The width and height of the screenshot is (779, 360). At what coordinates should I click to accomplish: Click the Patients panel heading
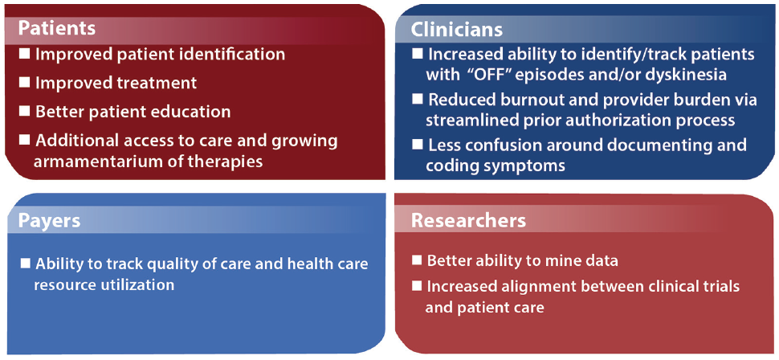click(x=57, y=27)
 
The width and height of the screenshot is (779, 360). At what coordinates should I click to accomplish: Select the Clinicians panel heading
click(x=456, y=31)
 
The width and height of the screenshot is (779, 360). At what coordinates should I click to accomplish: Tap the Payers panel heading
click(x=50, y=220)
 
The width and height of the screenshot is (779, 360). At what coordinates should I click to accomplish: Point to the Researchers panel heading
click(x=468, y=220)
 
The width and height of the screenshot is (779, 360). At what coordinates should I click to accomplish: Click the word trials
click(x=716, y=286)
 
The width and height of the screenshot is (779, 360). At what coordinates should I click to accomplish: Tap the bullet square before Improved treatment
click(x=24, y=82)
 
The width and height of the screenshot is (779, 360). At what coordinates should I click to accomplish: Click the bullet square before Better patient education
click(x=24, y=110)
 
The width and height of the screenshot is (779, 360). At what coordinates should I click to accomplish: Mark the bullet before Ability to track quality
click(x=26, y=263)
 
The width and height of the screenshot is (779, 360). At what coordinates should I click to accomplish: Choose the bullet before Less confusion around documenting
click(x=417, y=145)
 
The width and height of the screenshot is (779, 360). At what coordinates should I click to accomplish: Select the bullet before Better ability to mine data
click(x=417, y=260)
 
